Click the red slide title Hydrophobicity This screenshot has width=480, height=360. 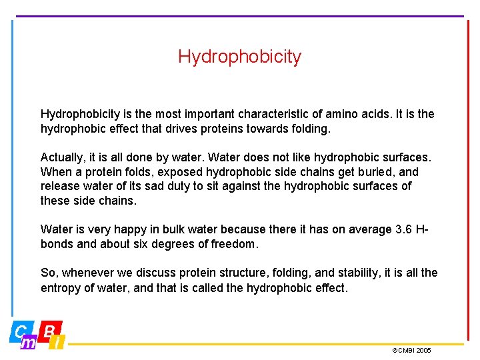(239, 57)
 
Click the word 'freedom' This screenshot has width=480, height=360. (233, 244)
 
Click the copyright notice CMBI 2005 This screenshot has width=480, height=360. (412, 351)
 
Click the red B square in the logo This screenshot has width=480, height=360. (51, 331)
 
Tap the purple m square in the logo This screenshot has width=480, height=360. (29, 342)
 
